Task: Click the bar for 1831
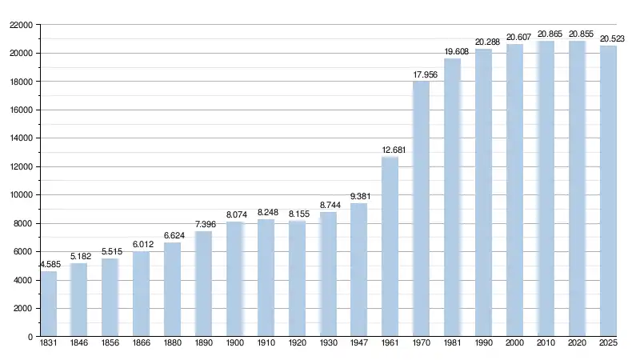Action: pyautogui.click(x=49, y=304)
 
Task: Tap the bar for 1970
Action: pyautogui.click(x=421, y=209)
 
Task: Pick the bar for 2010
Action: pyautogui.click(x=546, y=189)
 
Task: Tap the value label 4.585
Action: pyautogui.click(x=50, y=264)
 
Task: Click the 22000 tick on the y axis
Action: pyautogui.click(x=21, y=26)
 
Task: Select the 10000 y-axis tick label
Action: pyautogui.click(x=21, y=195)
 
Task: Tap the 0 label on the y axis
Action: pyautogui.click(x=30, y=337)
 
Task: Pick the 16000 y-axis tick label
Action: pyautogui.click(x=21, y=110)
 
